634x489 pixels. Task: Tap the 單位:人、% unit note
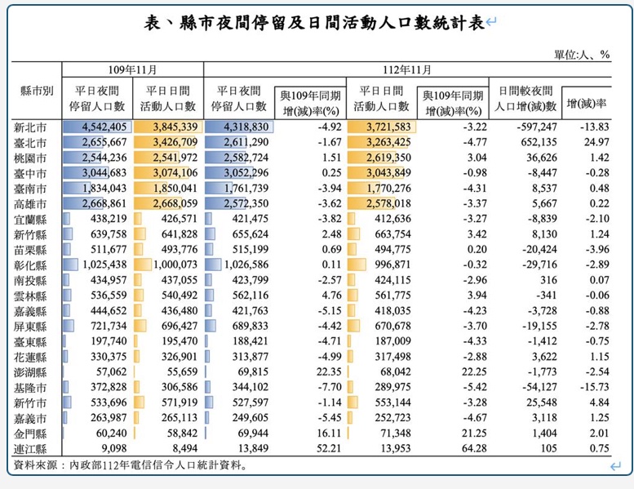coord(583,55)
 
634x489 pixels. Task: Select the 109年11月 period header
coord(132,71)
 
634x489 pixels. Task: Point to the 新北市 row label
coord(30,127)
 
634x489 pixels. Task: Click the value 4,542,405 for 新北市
coord(104,127)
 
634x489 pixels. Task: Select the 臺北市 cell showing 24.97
coord(593,141)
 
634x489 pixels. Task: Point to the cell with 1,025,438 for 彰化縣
coord(104,266)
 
